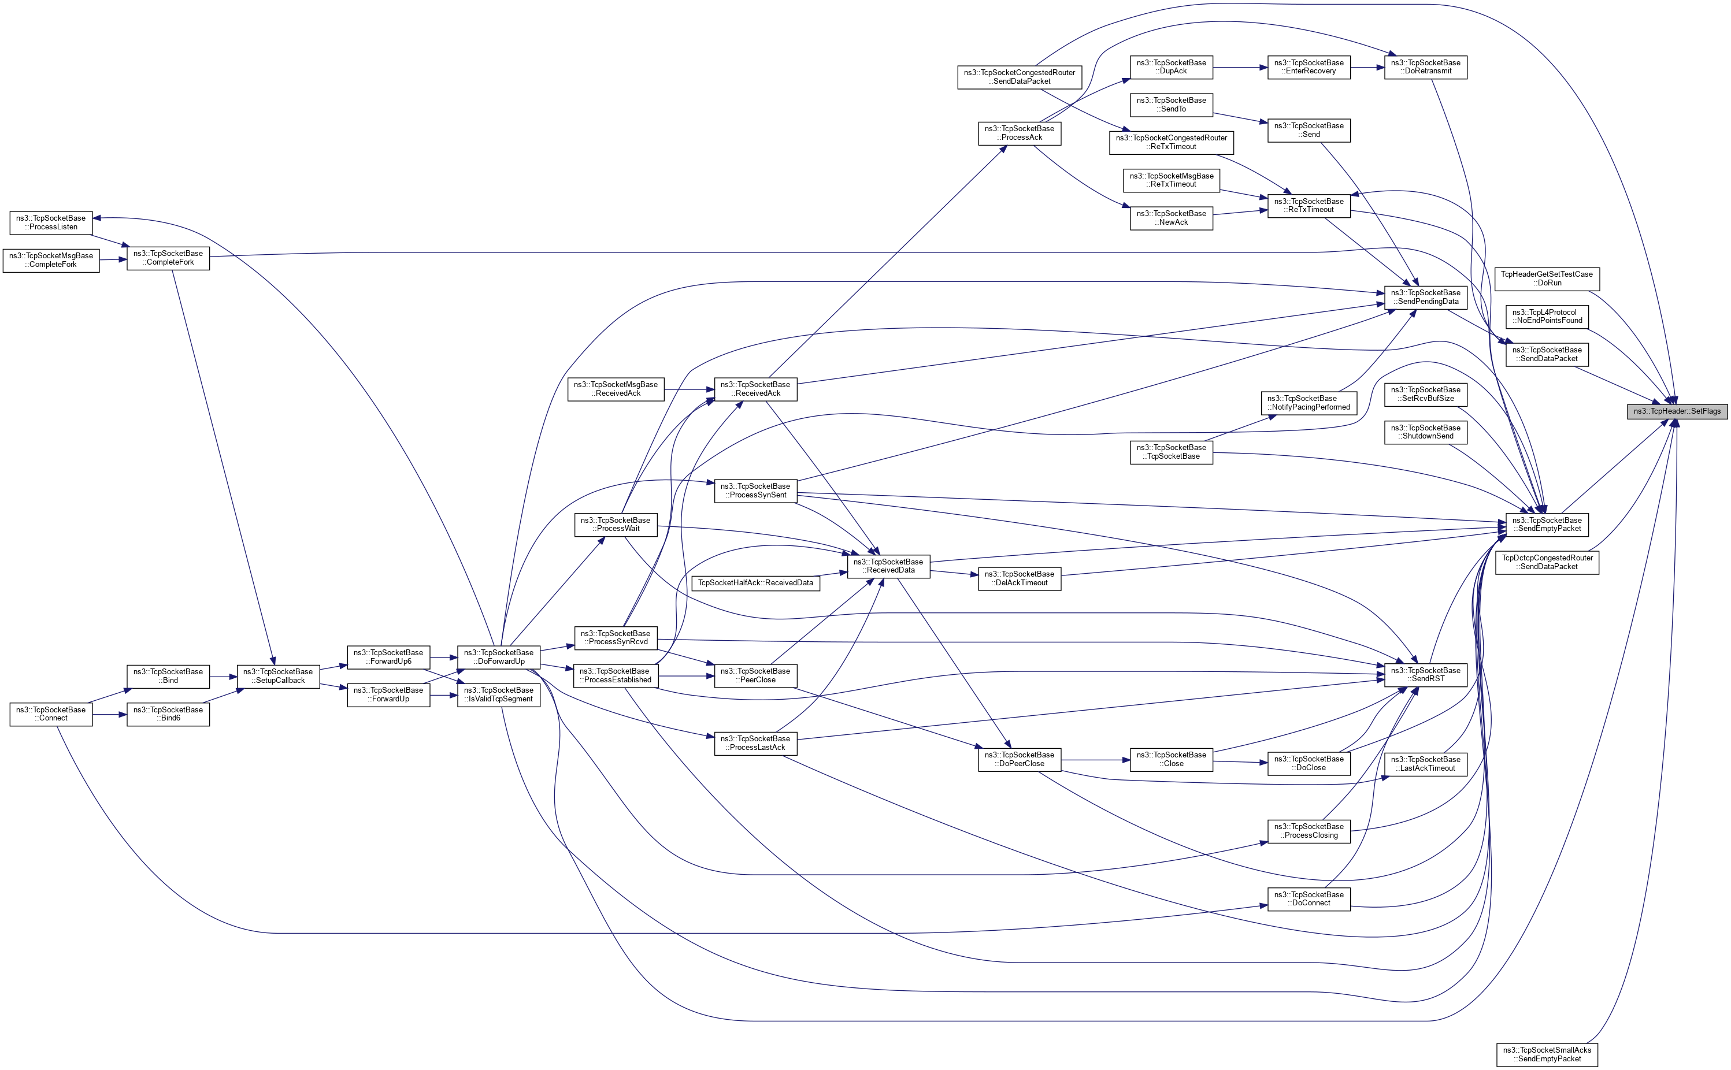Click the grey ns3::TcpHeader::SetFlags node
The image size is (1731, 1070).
[x=1677, y=411]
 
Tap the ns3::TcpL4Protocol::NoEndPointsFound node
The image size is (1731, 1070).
[x=1547, y=317]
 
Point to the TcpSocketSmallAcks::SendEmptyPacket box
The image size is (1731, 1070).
[x=1547, y=1054]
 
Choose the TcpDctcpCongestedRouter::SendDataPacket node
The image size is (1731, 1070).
[x=1547, y=563]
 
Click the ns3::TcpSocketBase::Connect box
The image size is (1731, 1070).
[x=51, y=714]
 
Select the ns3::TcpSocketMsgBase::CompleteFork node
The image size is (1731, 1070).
[x=51, y=260]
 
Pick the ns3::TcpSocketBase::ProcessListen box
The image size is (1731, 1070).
[x=51, y=222]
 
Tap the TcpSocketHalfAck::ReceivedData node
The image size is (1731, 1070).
[x=755, y=583]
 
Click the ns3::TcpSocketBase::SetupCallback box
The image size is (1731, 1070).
[x=278, y=676]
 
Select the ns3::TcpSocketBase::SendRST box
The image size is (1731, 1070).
[x=1425, y=674]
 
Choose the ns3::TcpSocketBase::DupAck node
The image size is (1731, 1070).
[x=1171, y=67]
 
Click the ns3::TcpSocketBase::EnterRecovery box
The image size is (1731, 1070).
[x=1309, y=67]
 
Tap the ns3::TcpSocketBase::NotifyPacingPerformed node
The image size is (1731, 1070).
[x=1309, y=403]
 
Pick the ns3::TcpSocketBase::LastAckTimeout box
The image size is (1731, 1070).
[x=1425, y=764]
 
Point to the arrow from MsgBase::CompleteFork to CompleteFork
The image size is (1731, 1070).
[x=113, y=260]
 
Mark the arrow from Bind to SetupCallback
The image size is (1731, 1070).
[x=223, y=677]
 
